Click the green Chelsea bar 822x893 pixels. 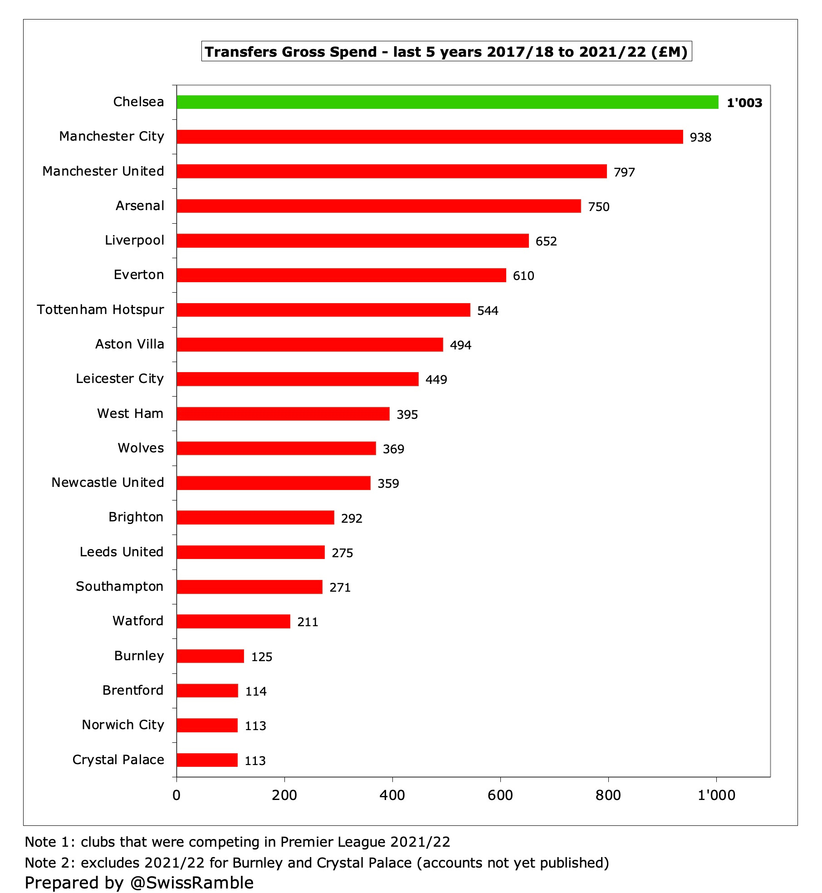[447, 102]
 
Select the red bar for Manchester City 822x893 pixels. [430, 137]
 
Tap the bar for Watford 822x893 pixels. [233, 621]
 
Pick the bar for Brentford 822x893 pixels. [207, 691]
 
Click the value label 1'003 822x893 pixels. [744, 103]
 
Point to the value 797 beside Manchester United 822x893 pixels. [624, 172]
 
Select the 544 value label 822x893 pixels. [488, 311]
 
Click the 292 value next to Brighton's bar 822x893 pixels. [352, 518]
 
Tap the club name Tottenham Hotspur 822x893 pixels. [100, 309]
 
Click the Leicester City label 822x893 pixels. [120, 378]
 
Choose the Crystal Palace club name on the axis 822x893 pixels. [118, 760]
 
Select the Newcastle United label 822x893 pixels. [108, 482]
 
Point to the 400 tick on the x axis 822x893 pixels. [392, 795]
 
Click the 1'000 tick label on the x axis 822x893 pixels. [716, 795]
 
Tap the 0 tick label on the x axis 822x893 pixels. [176, 795]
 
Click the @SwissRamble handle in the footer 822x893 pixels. [191, 883]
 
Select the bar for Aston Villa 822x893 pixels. [309, 344]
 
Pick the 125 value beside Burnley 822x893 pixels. [262, 657]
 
